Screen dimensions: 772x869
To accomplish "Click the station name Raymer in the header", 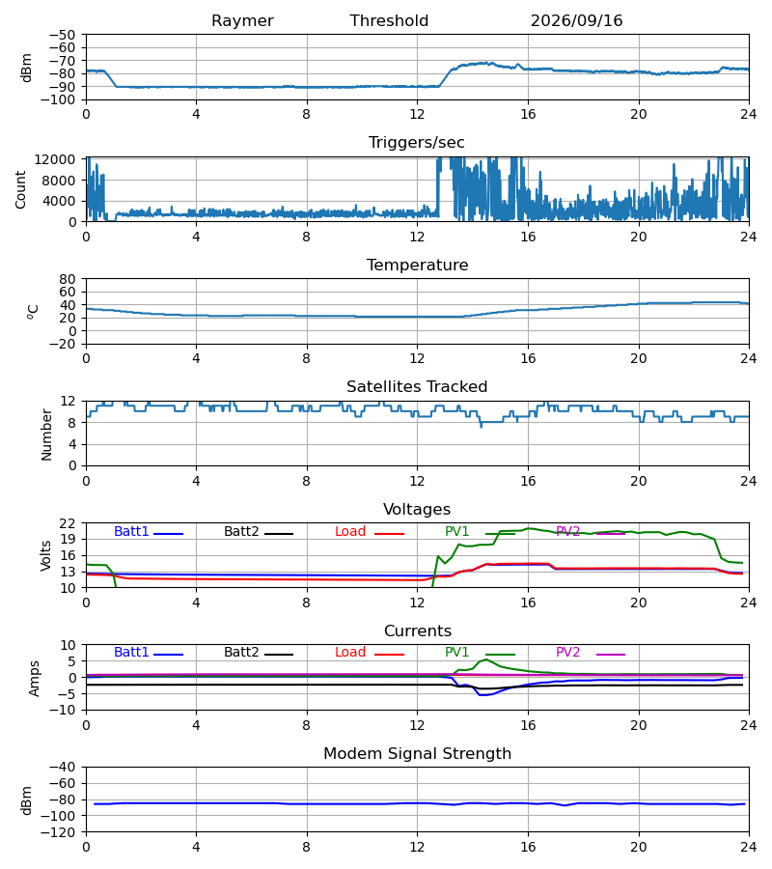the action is [x=242, y=21].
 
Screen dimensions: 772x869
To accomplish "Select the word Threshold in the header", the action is [x=389, y=20].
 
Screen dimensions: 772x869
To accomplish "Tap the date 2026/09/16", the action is [x=576, y=21].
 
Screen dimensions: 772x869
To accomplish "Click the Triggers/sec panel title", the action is [x=417, y=143].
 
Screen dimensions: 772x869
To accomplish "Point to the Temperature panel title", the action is [x=417, y=265].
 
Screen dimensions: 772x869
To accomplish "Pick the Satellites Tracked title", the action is [x=417, y=387].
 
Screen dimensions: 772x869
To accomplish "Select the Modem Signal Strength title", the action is [x=417, y=754].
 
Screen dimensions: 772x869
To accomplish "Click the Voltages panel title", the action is [x=417, y=509].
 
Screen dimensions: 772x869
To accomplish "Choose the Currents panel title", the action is [x=418, y=631].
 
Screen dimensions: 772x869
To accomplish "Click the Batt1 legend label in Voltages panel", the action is [x=131, y=531].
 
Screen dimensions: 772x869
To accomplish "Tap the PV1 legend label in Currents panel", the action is [x=456, y=653].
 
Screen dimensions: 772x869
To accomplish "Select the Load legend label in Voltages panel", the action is [x=350, y=531].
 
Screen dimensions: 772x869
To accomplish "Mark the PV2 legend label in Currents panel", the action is [x=567, y=653].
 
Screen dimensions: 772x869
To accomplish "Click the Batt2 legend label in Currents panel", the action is [x=241, y=653].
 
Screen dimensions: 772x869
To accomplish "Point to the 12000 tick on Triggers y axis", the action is [x=55, y=159].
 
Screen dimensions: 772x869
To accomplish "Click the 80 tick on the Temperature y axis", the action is [x=68, y=279].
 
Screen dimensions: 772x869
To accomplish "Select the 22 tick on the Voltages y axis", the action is [x=68, y=523].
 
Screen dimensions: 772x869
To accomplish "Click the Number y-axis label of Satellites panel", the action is [x=46, y=435].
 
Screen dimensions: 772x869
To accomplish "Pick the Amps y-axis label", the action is [x=35, y=679].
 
